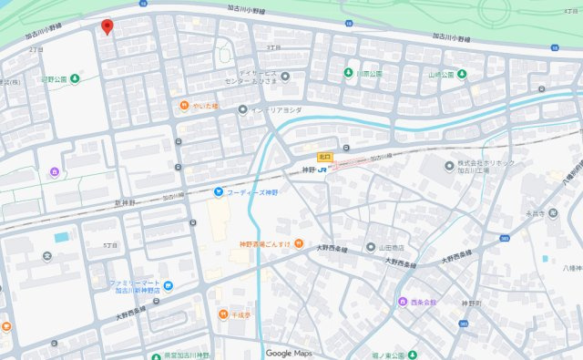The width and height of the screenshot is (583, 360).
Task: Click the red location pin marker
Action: click(107, 27)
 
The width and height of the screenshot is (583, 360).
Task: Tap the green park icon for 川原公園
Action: click(348, 72)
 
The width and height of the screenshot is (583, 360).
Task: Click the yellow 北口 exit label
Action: click(325, 156)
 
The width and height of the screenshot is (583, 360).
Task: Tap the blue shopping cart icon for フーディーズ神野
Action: click(218, 190)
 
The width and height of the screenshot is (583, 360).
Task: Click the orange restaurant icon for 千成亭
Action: click(222, 314)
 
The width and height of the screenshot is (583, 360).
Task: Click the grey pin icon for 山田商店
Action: click(371, 247)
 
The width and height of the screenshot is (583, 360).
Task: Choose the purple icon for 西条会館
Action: click(402, 302)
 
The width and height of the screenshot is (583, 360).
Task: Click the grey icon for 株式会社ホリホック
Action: click(448, 166)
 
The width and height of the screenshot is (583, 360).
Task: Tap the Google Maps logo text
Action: click(291, 353)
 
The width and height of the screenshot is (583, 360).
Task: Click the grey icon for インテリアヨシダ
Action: click(242, 110)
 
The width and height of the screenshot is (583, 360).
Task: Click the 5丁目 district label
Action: click(111, 245)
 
